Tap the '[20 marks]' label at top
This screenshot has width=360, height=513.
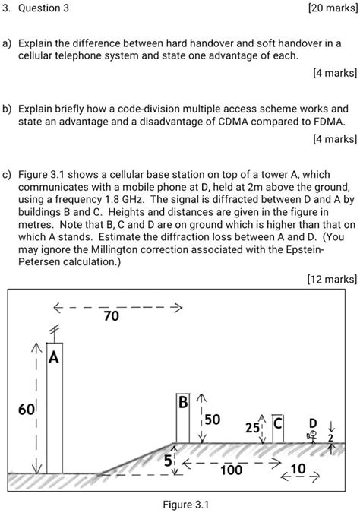pos(325,8)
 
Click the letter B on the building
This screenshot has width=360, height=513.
pos(183,401)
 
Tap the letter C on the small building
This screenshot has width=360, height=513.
pos(278,423)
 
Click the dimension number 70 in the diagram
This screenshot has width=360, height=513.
pos(111,316)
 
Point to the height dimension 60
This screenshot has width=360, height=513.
pos(27,410)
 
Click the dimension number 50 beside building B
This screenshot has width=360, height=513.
pos(212,420)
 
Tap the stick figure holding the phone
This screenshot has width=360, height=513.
pos(310,436)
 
